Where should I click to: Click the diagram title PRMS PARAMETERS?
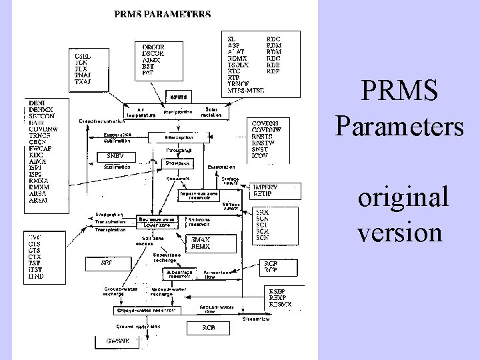[x=163, y=13]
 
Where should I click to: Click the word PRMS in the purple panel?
[x=399, y=91]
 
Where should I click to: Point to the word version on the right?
[x=400, y=232]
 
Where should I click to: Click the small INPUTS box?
[x=177, y=97]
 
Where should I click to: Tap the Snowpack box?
[x=178, y=162]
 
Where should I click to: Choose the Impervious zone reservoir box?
[x=199, y=193]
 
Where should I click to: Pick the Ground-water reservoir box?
[x=147, y=310]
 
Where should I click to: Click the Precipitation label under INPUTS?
[x=177, y=112]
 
